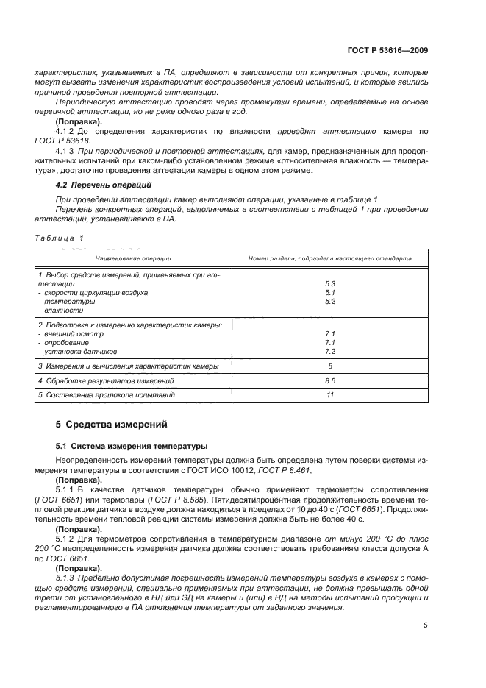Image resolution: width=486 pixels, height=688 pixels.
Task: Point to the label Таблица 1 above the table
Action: [x=60, y=238]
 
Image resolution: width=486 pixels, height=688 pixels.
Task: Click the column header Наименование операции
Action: [x=133, y=258]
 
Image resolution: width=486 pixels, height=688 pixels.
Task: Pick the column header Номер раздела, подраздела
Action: [x=329, y=258]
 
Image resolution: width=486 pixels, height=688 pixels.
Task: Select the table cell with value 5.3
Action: [x=330, y=283]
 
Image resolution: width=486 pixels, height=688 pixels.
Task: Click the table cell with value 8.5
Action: [x=330, y=381]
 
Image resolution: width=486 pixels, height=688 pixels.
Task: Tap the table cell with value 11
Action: [x=330, y=396]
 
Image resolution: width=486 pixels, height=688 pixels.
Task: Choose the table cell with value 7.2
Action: [x=330, y=352]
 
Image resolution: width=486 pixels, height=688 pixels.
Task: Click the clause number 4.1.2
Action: [x=68, y=130]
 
